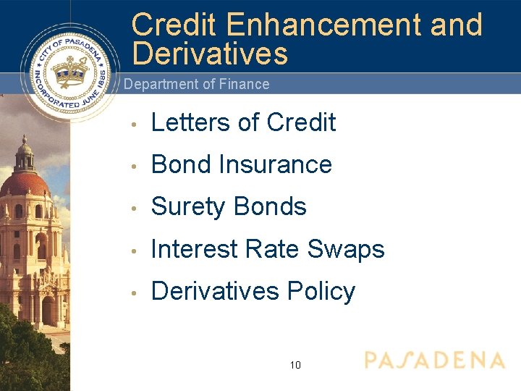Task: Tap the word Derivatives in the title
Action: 210,54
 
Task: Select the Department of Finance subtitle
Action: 196,84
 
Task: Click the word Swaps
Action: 346,249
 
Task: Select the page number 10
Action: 295,365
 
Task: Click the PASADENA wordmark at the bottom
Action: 434,361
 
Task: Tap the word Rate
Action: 275,249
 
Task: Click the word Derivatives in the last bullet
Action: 215,291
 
